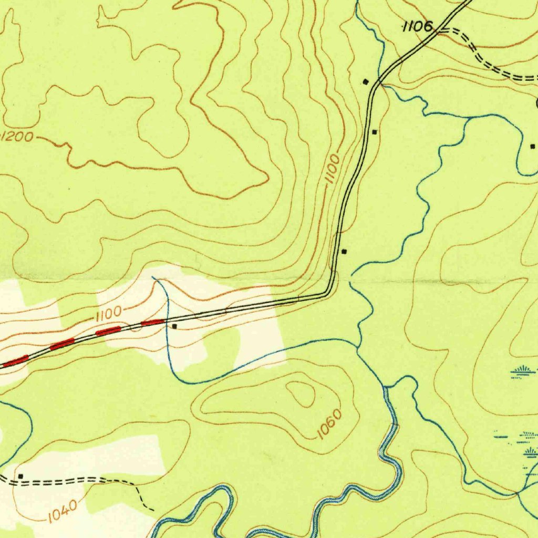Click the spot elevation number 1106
tap(418, 26)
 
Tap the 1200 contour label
tap(17, 137)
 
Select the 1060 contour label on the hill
tap(330, 423)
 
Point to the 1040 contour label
tap(63, 509)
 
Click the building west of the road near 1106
tap(366, 81)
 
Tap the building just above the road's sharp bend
tap(344, 252)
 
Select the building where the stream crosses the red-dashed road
tap(175, 326)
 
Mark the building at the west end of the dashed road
tap(20, 476)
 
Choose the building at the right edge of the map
tap(532, 146)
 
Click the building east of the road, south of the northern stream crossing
tap(375, 132)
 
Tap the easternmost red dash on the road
tap(153, 322)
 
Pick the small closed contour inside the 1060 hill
tap(301, 393)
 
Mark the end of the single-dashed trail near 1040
tap(153, 510)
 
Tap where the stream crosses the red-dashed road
tap(167, 320)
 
